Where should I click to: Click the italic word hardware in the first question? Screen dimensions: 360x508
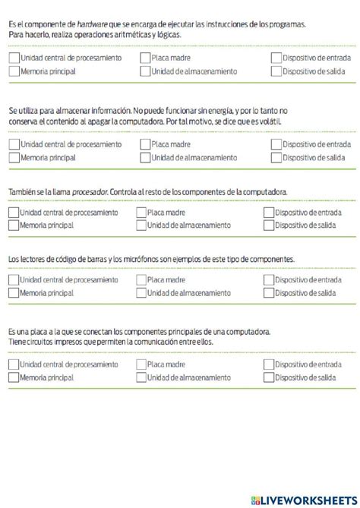pos(93,24)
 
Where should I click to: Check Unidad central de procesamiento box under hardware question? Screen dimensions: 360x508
pos(14,58)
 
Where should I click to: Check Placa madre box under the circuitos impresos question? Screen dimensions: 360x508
pos(141,364)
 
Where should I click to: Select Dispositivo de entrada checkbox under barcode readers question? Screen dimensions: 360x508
pos(268,279)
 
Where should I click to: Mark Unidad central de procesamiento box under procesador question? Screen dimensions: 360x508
pos(14,213)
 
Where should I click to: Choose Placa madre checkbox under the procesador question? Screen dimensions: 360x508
pos(141,213)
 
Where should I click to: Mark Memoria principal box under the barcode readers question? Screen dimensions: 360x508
pos(14,292)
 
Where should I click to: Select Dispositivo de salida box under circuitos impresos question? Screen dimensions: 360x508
pos(268,377)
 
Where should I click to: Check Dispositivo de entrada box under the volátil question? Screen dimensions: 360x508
pos(276,144)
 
